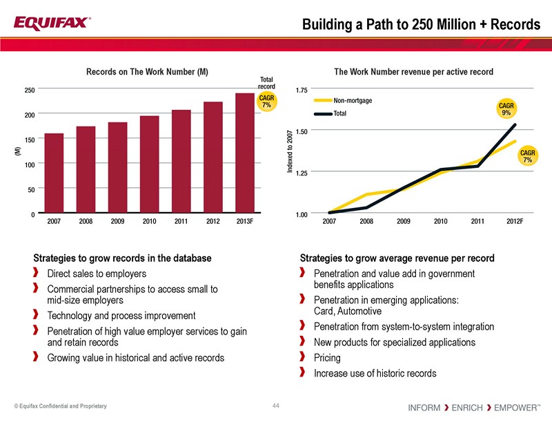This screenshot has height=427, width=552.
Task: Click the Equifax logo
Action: click(x=51, y=23)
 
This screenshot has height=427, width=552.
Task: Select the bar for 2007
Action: click(x=54, y=173)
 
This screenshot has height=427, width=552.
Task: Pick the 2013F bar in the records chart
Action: click(x=245, y=153)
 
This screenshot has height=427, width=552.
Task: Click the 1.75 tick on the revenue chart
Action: click(x=301, y=90)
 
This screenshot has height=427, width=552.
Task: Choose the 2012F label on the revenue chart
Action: click(x=514, y=222)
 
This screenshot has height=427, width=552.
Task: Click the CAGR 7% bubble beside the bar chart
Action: click(x=266, y=101)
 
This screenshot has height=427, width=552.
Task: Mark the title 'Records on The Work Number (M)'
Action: click(x=147, y=72)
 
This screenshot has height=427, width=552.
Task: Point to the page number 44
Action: click(x=276, y=405)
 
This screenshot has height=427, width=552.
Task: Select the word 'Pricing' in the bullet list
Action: click(x=328, y=358)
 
